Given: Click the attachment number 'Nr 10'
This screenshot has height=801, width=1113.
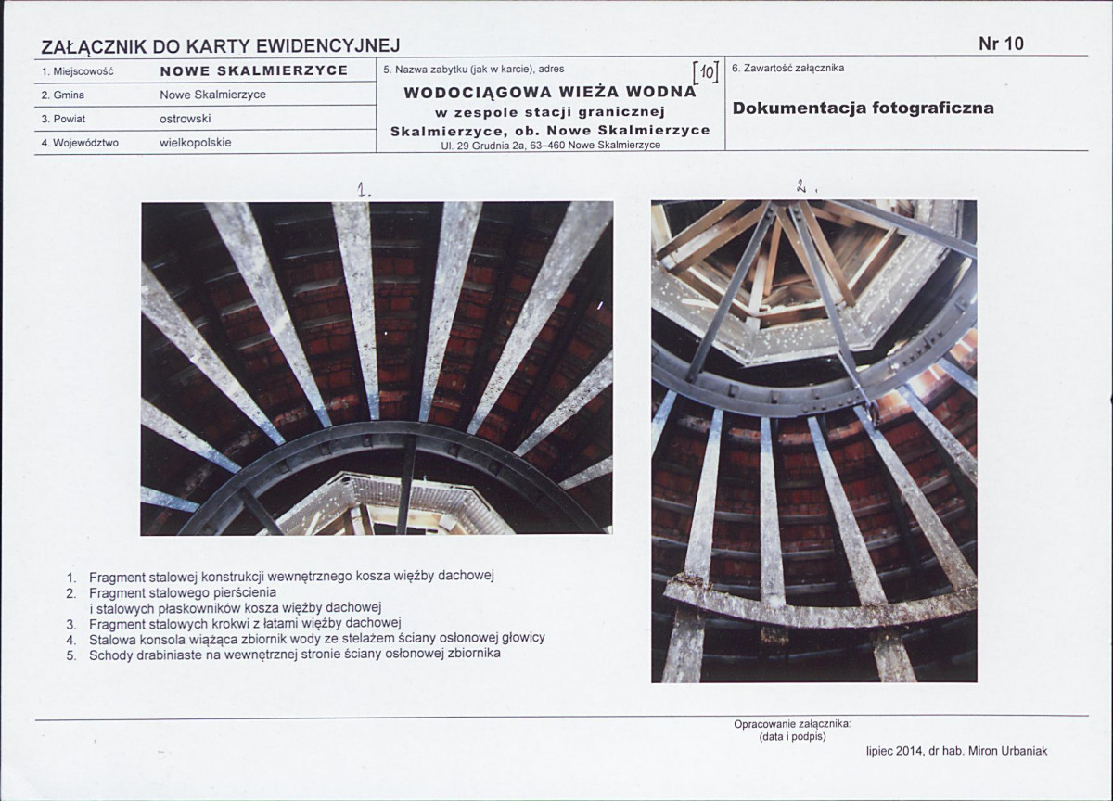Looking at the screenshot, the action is coord(1001,44).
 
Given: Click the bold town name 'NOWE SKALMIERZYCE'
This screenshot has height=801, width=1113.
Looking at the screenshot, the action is coord(254,70).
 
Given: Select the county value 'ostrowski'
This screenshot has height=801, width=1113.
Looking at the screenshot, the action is coord(185,119).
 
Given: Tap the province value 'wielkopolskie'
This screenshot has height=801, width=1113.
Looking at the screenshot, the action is coord(196,143).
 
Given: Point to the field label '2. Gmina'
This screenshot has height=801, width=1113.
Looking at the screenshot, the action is coord(63,95).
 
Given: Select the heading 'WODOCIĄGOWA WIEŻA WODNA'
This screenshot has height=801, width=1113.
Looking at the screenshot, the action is coord(550,93).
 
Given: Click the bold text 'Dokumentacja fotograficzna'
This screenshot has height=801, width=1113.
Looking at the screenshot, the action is coord(864,108).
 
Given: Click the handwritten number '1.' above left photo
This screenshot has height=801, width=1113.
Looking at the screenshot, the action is coord(365,190).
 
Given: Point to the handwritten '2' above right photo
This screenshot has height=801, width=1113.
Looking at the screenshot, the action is coord(800,186).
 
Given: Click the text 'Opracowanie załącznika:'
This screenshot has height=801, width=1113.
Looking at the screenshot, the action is coord(792,725).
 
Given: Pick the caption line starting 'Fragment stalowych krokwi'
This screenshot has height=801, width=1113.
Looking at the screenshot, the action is coord(245,623).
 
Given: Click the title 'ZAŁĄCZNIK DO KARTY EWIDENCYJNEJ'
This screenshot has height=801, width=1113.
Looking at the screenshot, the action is coord(221,46).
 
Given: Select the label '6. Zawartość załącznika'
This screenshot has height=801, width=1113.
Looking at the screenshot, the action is coord(788,68).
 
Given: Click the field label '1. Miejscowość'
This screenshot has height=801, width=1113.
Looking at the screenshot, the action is coord(78,71).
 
